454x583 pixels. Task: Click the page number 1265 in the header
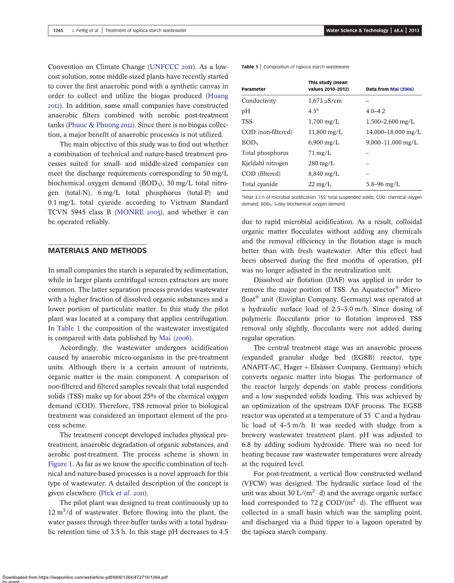pyautogui.click(x=58, y=31)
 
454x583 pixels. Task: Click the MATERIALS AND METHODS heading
pyautogui.click(x=97, y=251)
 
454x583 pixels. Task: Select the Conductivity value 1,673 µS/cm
pyautogui.click(x=325, y=101)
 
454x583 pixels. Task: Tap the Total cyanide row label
pyautogui.click(x=260, y=184)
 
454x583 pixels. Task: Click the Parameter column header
pyautogui.click(x=253, y=89)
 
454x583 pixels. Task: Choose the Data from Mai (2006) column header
pyautogui.click(x=389, y=89)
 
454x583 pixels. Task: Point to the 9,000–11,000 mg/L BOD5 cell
pyautogui.click(x=392, y=142)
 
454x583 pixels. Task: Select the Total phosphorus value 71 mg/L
pyautogui.click(x=319, y=153)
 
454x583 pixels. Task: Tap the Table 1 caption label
pyautogui.click(x=250, y=67)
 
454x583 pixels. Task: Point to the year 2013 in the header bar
pyautogui.click(x=414, y=31)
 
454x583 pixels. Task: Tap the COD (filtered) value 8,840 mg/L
pyautogui.click(x=324, y=174)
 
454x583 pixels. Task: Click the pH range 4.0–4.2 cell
pyautogui.click(x=375, y=111)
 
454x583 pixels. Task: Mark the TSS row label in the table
pyautogui.click(x=247, y=122)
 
